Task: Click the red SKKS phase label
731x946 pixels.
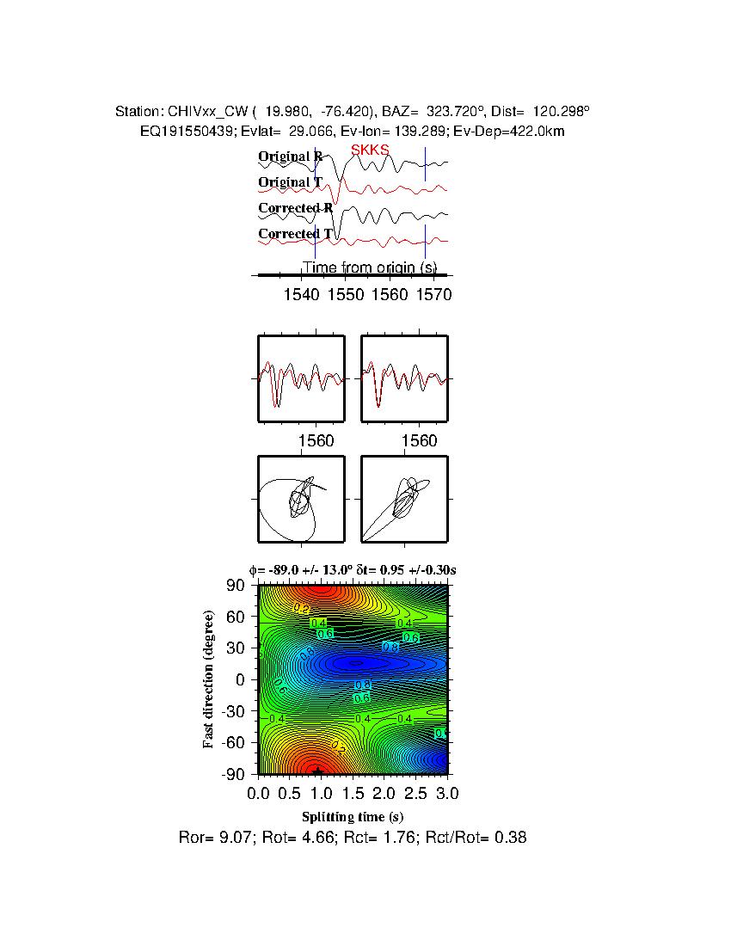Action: (370, 150)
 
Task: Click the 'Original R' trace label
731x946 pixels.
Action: (291, 157)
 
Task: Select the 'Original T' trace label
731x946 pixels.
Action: (290, 182)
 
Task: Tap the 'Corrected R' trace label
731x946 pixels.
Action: (295, 208)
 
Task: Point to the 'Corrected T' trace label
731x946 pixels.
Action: (295, 234)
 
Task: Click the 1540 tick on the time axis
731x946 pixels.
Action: (301, 295)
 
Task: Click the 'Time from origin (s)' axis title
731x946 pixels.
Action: (369, 267)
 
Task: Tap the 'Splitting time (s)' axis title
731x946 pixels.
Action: (353, 816)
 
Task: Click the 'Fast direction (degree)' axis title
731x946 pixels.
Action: (208, 679)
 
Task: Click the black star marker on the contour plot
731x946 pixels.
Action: (318, 771)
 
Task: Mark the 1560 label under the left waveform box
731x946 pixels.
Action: (316, 441)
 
